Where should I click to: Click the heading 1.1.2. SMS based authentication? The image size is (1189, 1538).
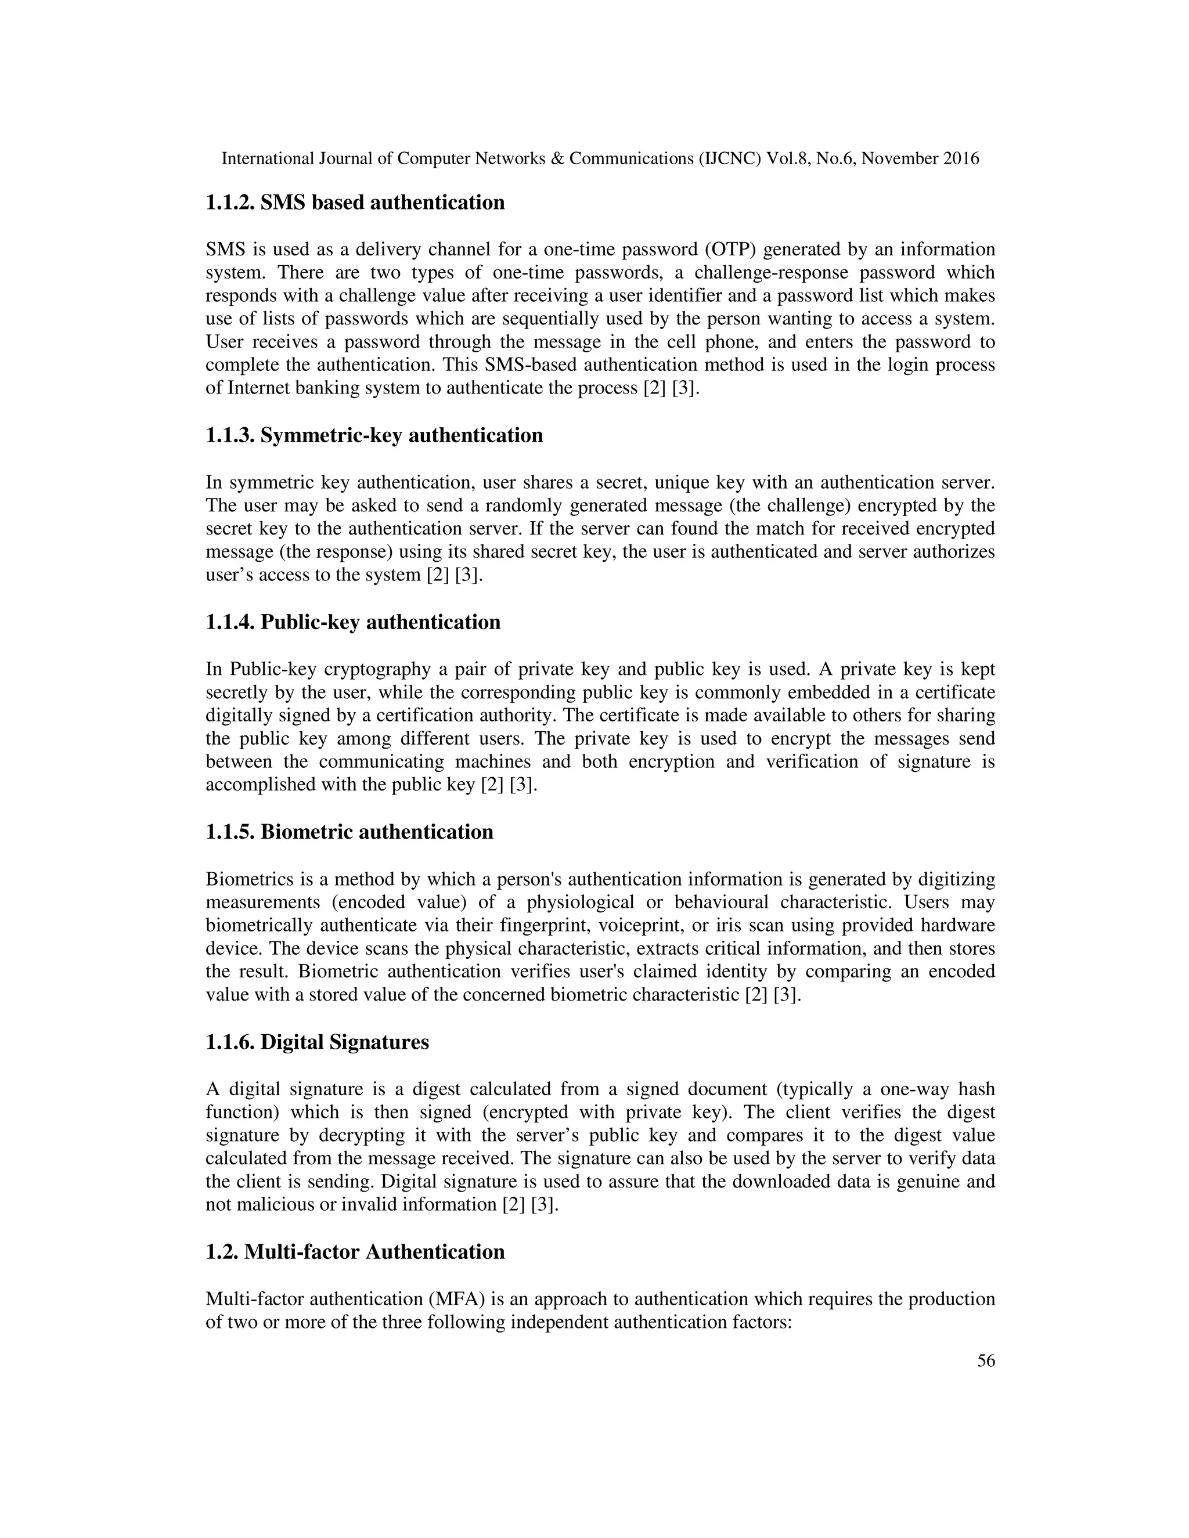pos(355,203)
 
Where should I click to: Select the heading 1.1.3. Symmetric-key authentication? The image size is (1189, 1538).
pos(374,436)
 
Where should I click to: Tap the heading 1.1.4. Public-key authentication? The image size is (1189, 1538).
pos(353,623)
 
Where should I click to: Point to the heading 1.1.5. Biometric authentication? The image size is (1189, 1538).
pos(350,832)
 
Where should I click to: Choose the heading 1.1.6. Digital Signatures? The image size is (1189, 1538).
pos(317,1042)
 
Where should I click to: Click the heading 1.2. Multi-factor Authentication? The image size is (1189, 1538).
pos(355,1252)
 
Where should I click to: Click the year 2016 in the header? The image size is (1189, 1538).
pos(961,159)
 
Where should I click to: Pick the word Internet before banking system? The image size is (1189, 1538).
pos(258,389)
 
